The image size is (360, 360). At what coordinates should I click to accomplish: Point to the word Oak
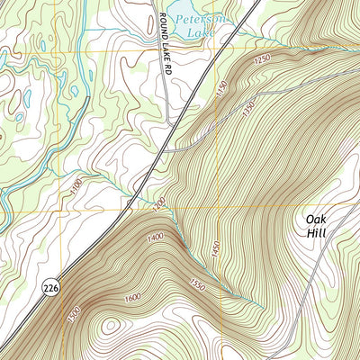click(316, 219)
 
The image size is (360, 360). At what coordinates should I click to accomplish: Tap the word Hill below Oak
click(316, 234)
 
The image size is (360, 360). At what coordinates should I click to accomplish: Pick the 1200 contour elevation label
click(159, 206)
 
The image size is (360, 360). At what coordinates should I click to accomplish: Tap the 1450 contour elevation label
click(215, 251)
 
